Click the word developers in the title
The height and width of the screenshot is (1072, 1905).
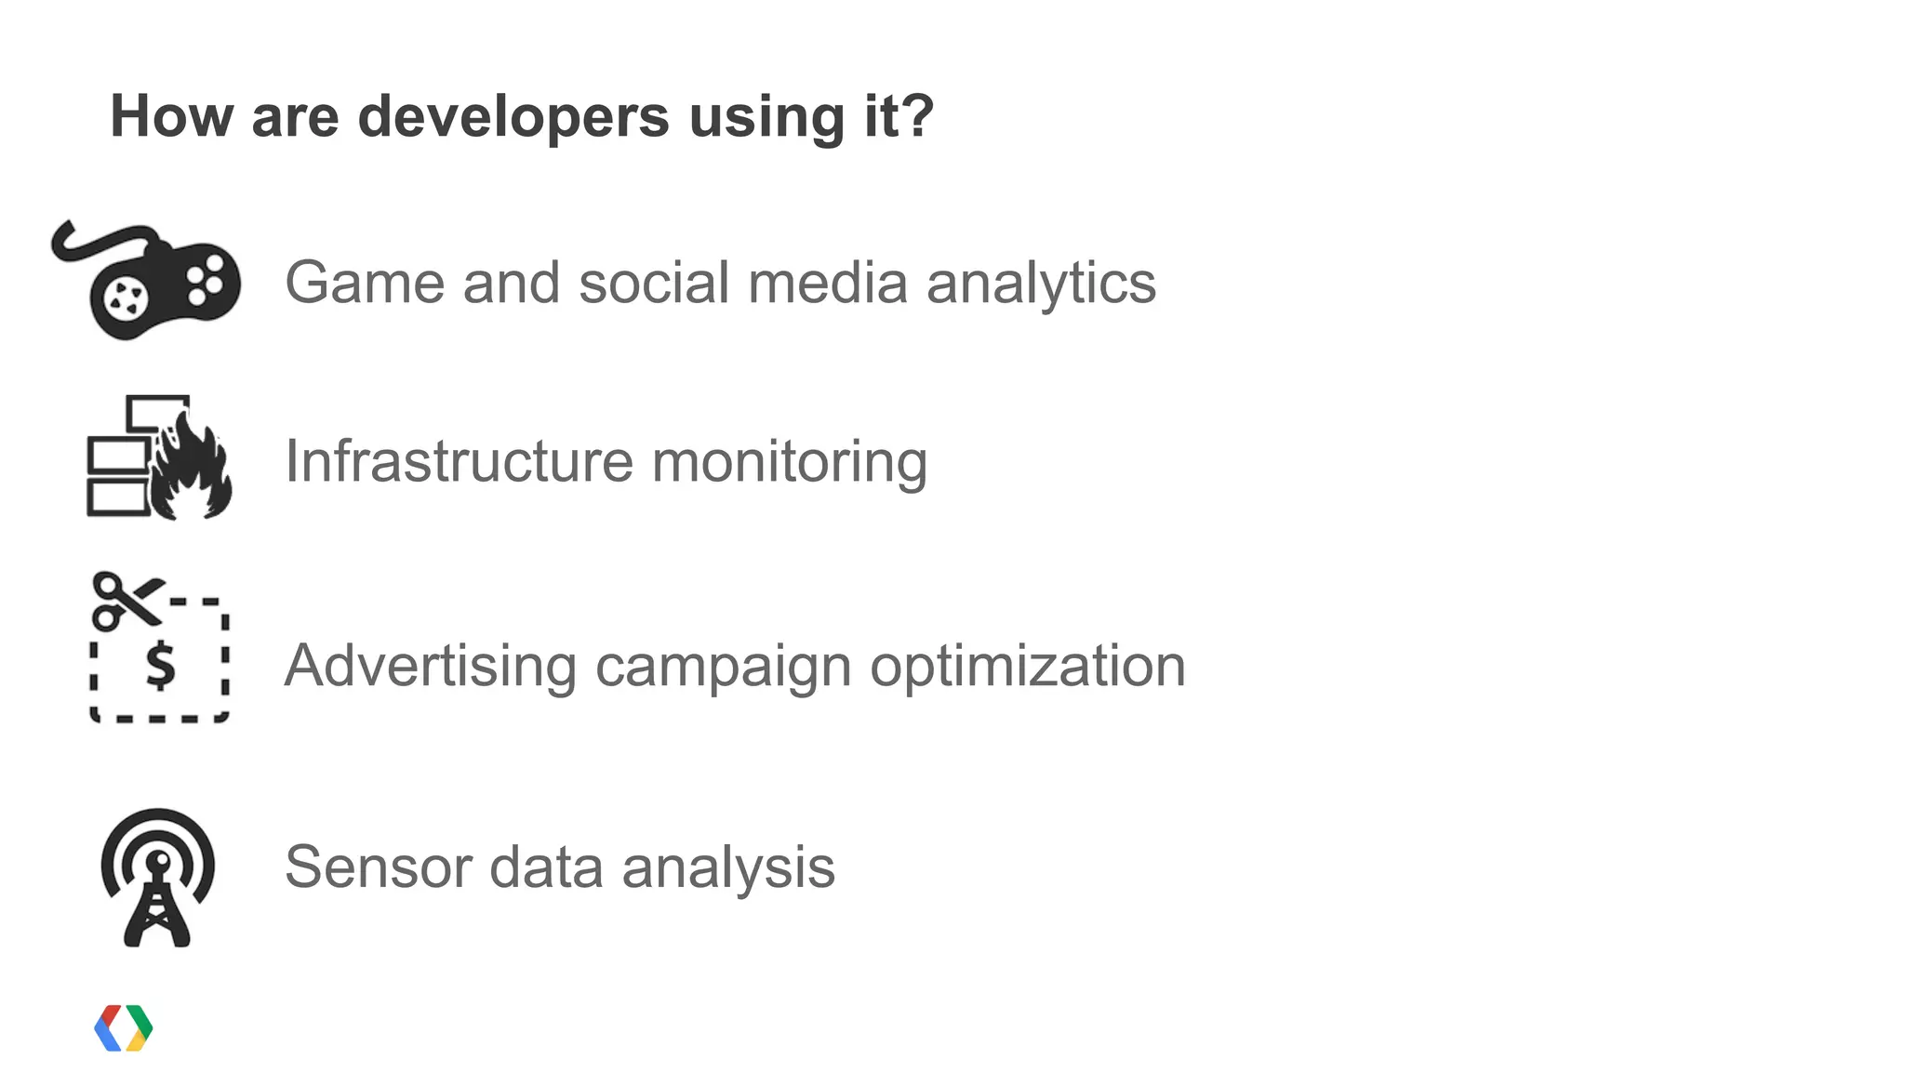[513, 117]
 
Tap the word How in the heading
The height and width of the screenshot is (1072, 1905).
[171, 117]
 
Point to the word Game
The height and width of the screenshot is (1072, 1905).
[365, 283]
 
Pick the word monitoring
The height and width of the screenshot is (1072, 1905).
[789, 463]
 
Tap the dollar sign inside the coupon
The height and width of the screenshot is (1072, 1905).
[161, 666]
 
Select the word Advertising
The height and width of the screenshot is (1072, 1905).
[430, 668]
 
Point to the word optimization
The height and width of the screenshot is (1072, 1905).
[1027, 668]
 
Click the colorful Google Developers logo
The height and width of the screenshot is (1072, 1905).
[124, 1028]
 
